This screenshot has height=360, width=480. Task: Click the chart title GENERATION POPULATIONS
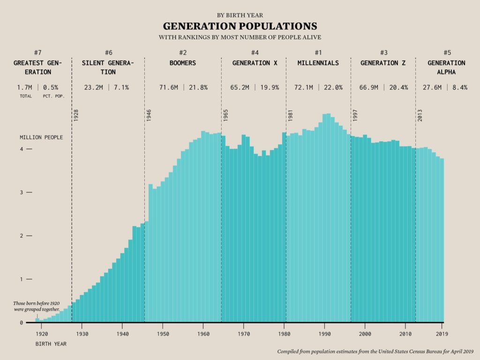[x=240, y=26]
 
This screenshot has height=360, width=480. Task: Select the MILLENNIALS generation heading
[x=318, y=63]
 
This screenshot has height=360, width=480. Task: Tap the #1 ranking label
[x=318, y=52]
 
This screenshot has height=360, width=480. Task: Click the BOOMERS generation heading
[x=182, y=63]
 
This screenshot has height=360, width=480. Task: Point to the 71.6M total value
[x=168, y=87]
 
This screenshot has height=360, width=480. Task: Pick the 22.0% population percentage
[x=332, y=87]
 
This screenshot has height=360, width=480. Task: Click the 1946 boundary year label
[x=149, y=116]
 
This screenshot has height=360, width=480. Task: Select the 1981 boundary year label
[x=291, y=116]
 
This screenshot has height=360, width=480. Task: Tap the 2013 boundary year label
[x=420, y=116]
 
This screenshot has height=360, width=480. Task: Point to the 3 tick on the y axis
[x=22, y=193]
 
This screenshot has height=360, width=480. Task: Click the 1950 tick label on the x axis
[x=163, y=334]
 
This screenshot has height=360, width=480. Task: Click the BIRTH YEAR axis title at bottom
[x=51, y=344]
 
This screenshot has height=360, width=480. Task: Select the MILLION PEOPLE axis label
[x=41, y=137]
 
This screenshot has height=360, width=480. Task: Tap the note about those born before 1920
[x=37, y=307]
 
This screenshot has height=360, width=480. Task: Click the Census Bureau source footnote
[x=375, y=351]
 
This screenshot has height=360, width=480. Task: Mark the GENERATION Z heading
[x=383, y=63]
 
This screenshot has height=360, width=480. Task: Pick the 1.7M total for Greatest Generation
[x=24, y=87]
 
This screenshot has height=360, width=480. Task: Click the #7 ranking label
[x=38, y=52]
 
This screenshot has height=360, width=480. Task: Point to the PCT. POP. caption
[x=53, y=96]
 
